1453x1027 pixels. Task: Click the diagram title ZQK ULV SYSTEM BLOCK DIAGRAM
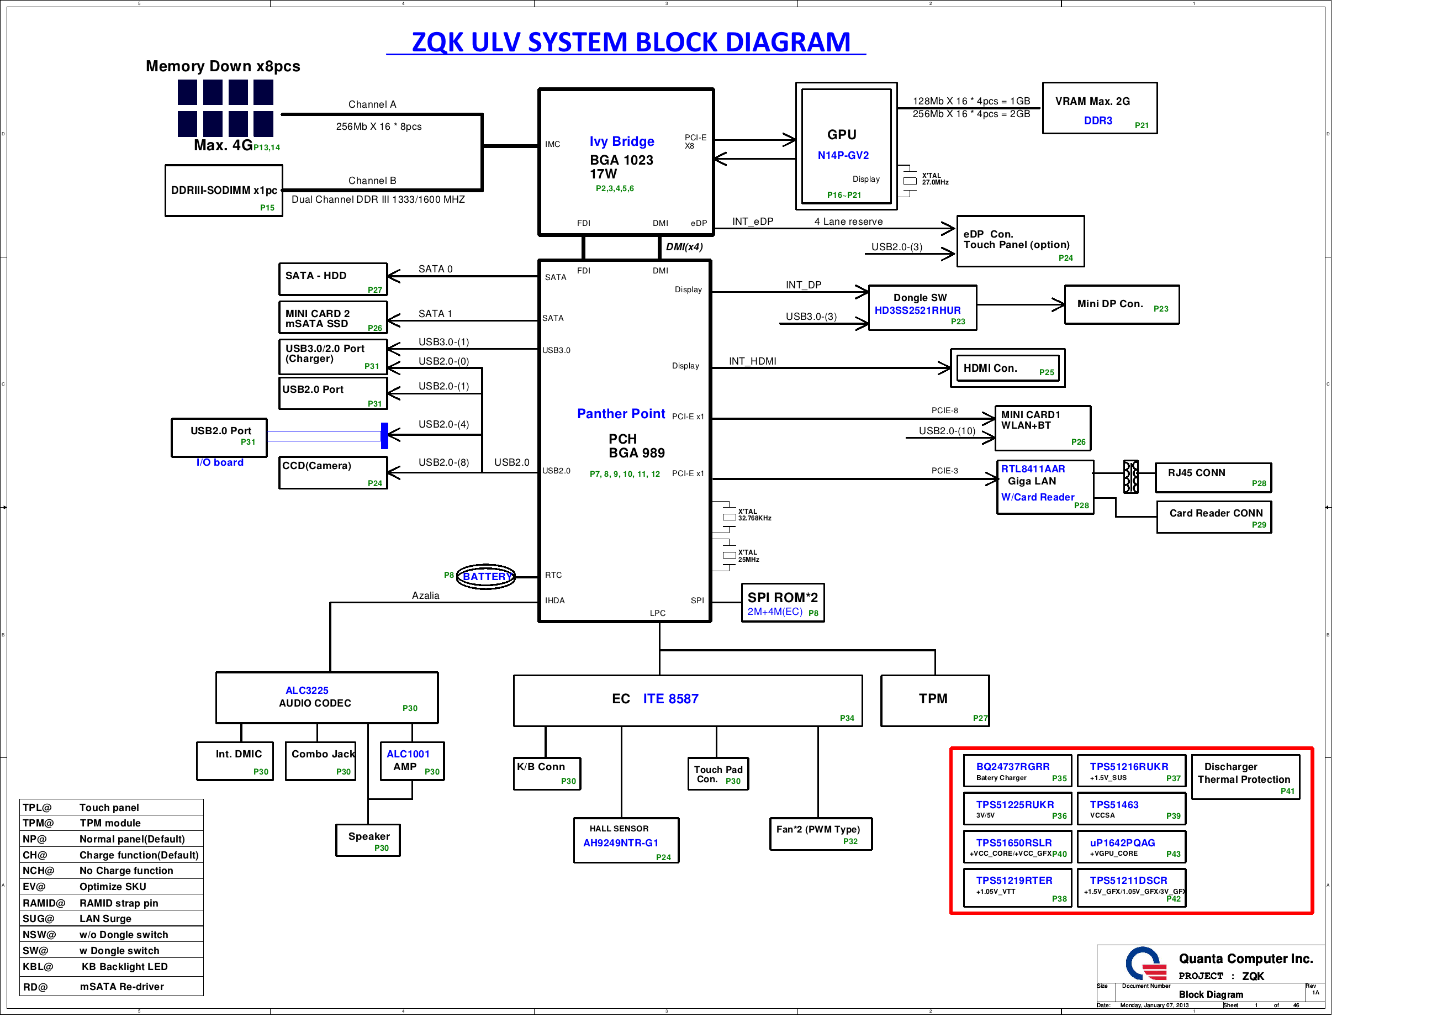630,43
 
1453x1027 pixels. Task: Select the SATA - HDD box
333,279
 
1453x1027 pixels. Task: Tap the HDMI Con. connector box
1007,368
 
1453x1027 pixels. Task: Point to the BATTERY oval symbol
486,576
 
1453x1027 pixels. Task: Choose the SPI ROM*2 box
782,603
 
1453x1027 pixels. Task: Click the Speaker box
368,840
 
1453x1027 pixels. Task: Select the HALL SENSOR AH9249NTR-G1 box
626,840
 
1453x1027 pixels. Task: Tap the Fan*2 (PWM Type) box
820,834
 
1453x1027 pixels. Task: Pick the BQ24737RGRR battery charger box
1017,771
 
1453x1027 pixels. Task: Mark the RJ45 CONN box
1213,477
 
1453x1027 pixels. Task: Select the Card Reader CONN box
1213,517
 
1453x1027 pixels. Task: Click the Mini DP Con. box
1122,304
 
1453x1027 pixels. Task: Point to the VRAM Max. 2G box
1099,108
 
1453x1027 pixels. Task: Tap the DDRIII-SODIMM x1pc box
224,191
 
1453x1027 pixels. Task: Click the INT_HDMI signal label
752,361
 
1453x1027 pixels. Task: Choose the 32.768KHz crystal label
754,519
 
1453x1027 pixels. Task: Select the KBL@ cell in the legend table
38,967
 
